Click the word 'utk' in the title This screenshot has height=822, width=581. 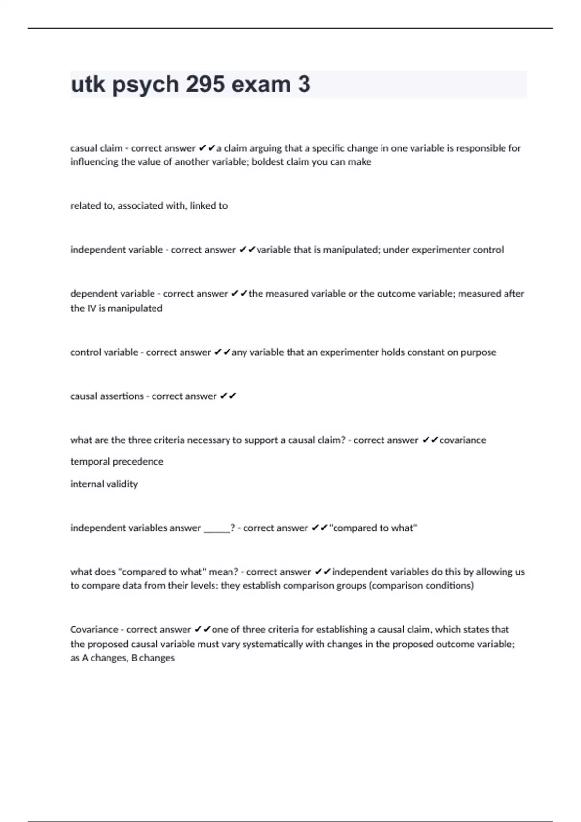click(x=88, y=85)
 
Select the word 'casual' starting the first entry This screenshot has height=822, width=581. click(x=83, y=148)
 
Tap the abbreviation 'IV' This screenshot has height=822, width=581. click(x=92, y=308)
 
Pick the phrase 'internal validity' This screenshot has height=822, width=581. click(x=104, y=484)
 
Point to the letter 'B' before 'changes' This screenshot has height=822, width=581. click(x=134, y=658)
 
